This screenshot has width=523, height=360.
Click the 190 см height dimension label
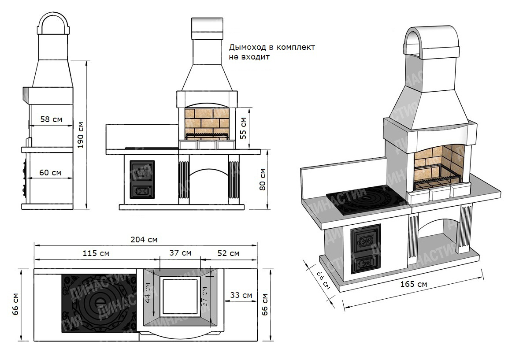80,135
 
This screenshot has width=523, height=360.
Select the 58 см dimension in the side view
52,119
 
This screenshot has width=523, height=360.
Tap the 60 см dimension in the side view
50,172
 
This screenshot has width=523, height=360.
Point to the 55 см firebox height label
243,128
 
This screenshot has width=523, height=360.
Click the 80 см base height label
263,179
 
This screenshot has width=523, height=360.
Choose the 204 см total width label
144,239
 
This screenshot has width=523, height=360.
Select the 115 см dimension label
96,253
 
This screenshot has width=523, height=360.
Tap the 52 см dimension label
229,253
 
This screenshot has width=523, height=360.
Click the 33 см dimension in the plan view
241,295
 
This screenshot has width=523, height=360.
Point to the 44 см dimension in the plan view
148,293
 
